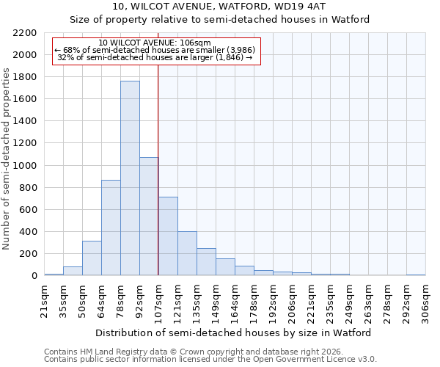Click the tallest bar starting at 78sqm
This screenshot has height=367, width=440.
pyautogui.click(x=130, y=178)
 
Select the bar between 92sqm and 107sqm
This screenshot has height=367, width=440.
pyautogui.click(x=149, y=217)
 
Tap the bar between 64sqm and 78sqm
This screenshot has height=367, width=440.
pyautogui.click(x=111, y=228)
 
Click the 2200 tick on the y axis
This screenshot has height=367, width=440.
pyautogui.click(x=26, y=33)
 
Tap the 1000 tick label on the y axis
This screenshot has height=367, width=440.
pyautogui.click(x=26, y=166)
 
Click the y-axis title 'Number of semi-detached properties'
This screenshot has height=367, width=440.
pyautogui.click(x=7, y=159)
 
